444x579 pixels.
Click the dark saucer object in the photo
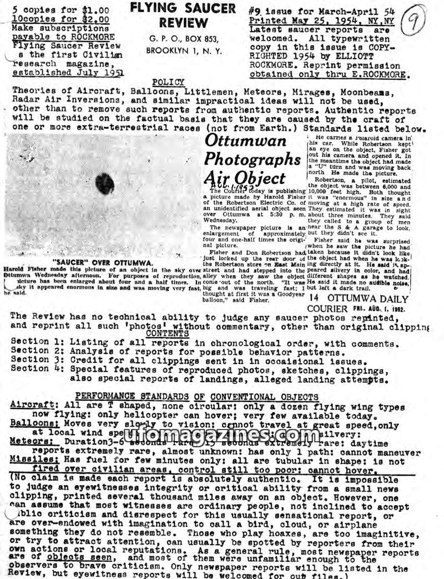[104, 183]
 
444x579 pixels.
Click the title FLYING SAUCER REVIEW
[175, 16]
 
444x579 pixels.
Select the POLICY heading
[168, 82]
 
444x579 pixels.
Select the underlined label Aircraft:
[32, 405]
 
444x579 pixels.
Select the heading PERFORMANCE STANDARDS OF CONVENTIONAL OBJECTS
[196, 397]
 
